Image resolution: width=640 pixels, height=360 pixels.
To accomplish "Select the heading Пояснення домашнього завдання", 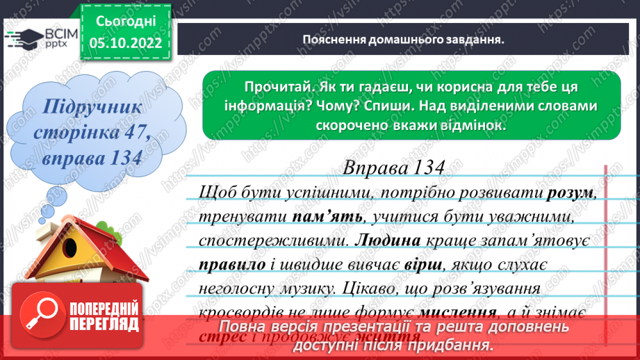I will click(x=403, y=39).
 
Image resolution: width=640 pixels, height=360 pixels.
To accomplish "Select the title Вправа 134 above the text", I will click(x=393, y=168).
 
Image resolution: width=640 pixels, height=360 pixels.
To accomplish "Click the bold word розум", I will click(x=571, y=192).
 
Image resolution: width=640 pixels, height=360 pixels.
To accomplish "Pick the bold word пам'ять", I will click(x=327, y=217).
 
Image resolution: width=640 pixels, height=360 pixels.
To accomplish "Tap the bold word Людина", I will click(x=392, y=241).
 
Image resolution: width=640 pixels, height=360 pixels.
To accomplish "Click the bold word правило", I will click(x=230, y=265).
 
